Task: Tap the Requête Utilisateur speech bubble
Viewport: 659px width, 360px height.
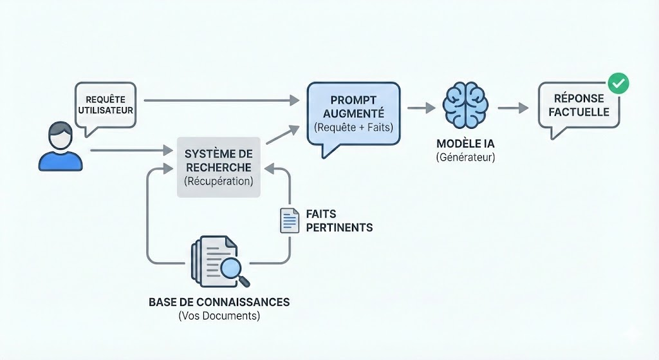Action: click(x=105, y=106)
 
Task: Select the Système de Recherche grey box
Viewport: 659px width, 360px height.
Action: click(x=218, y=167)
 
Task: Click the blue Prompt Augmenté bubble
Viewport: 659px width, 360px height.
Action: click(x=353, y=113)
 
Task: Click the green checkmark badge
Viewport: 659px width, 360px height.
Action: click(x=618, y=83)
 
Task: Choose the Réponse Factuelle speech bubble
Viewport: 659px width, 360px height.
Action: click(x=579, y=106)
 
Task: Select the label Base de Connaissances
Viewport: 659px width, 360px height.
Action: click(x=219, y=302)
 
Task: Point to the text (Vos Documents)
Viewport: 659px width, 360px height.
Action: click(x=219, y=316)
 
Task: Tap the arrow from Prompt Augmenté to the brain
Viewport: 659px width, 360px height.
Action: click(x=421, y=108)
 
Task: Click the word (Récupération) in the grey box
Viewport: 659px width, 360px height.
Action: click(x=218, y=182)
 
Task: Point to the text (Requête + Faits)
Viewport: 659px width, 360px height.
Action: click(x=353, y=128)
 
